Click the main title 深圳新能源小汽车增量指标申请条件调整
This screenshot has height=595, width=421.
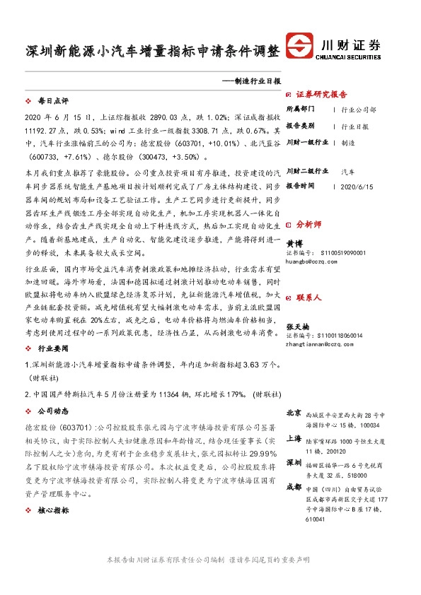tap(151, 52)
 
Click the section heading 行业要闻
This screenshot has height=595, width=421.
tap(52, 349)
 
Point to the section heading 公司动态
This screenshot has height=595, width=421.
tap(52, 411)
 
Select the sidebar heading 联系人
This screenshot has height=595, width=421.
tap(308, 298)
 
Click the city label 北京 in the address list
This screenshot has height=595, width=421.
tap(294, 412)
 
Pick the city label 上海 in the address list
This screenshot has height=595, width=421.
tap(294, 438)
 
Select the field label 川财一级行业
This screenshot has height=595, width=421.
tap(306, 142)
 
